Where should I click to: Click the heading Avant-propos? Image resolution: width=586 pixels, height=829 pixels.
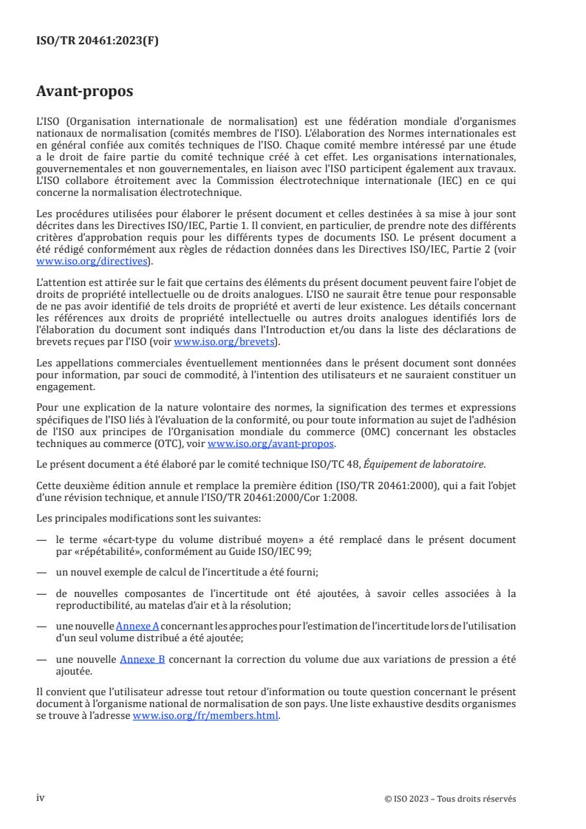[x=85, y=92]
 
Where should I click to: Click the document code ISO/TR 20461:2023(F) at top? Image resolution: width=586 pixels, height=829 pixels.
[x=98, y=41]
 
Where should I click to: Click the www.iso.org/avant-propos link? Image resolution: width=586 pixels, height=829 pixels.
[x=271, y=444]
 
